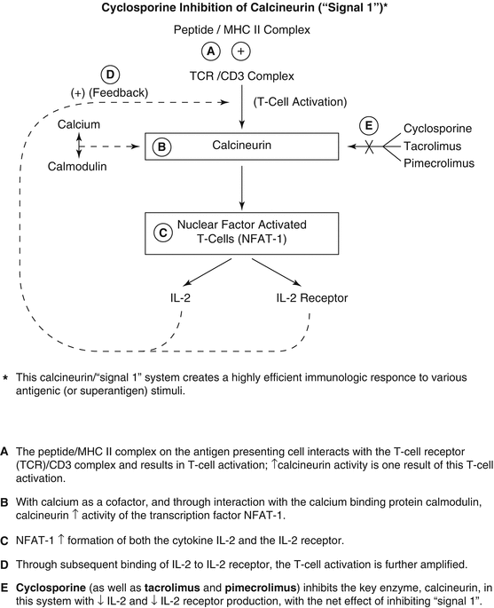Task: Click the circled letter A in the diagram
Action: click(x=211, y=51)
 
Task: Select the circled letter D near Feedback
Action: click(x=111, y=75)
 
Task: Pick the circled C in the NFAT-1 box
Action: click(x=162, y=233)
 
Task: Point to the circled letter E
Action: click(x=370, y=125)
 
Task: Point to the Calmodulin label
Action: click(x=78, y=167)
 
